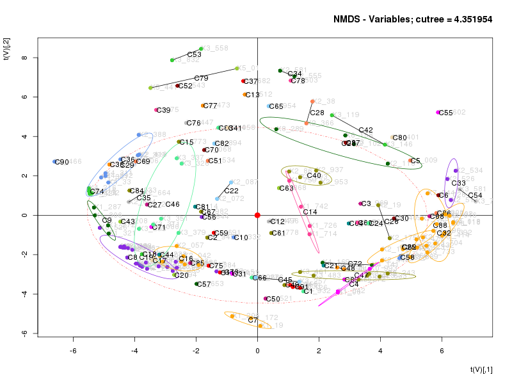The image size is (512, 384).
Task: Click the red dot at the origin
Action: point(257,215)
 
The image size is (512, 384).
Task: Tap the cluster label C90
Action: point(62,163)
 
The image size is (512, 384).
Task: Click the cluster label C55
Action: point(446,113)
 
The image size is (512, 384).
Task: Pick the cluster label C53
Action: point(194,55)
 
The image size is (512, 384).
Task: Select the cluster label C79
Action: point(201,78)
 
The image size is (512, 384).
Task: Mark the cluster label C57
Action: point(204,284)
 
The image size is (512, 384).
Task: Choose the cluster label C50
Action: point(273,299)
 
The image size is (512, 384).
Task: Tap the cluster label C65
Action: point(276,106)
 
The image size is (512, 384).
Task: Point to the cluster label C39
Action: point(164,111)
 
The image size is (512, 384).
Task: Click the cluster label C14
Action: point(310,212)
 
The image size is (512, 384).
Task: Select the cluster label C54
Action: point(475,195)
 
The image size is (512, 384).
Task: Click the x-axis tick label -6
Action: point(73,351)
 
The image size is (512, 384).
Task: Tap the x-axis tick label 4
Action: point(380,351)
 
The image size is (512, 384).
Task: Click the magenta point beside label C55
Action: point(438,113)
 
